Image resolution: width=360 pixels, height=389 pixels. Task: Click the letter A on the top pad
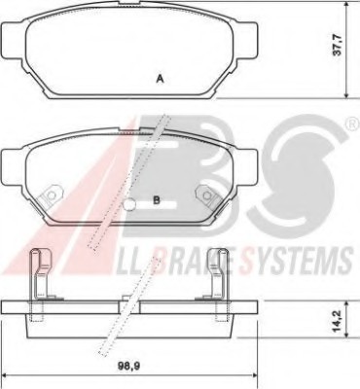(159, 79)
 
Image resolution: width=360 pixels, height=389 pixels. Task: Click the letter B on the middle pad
(156, 201)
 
